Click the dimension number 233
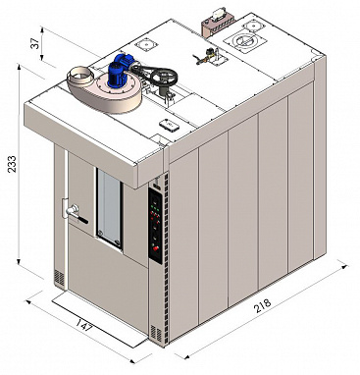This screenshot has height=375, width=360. click(x=12, y=165)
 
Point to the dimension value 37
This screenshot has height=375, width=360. click(x=35, y=42)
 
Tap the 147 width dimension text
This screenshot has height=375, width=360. click(x=84, y=325)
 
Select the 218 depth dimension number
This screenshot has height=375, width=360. click(x=263, y=305)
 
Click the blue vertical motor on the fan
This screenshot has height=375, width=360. click(x=118, y=75)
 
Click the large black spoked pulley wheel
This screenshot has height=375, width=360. click(x=164, y=77)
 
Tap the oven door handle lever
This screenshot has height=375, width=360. click(x=77, y=214)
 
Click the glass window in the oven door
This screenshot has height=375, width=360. click(x=110, y=208)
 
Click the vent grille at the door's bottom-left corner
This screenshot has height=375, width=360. click(x=59, y=277)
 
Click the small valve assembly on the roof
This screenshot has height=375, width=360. click(x=208, y=55)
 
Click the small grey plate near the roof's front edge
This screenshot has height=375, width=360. click(x=170, y=125)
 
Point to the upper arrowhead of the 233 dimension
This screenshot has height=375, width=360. click(x=19, y=67)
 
